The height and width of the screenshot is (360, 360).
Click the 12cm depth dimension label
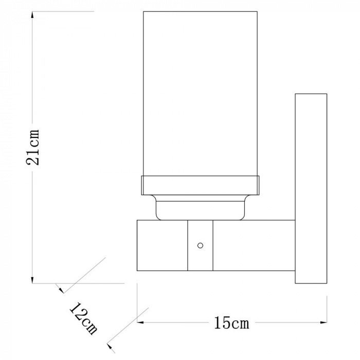tap(83, 318)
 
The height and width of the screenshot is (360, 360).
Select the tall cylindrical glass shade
tap(200, 93)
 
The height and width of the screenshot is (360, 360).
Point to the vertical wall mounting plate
tap(311, 188)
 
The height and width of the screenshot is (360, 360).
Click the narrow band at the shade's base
tap(200, 186)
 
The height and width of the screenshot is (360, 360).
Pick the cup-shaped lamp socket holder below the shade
tap(200, 208)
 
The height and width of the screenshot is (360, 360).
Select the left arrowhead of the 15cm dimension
tap(140, 323)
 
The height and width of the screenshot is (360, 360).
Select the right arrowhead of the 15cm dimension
tap(324, 323)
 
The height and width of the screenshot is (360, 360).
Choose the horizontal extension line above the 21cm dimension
tap(62, 11)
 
